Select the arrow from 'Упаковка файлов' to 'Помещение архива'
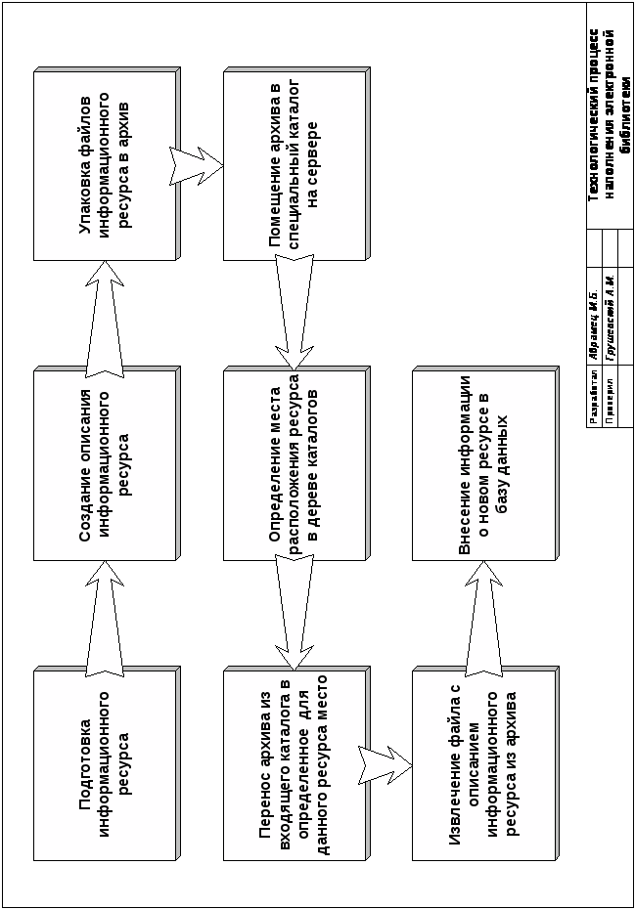click(199, 164)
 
